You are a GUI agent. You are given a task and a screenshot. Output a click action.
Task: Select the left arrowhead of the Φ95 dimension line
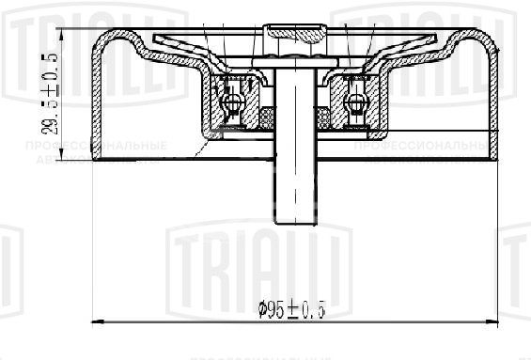[98, 322]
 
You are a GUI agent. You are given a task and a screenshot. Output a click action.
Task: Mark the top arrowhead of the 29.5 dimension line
[63, 33]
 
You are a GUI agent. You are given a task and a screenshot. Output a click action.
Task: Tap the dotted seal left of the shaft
[266, 117]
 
